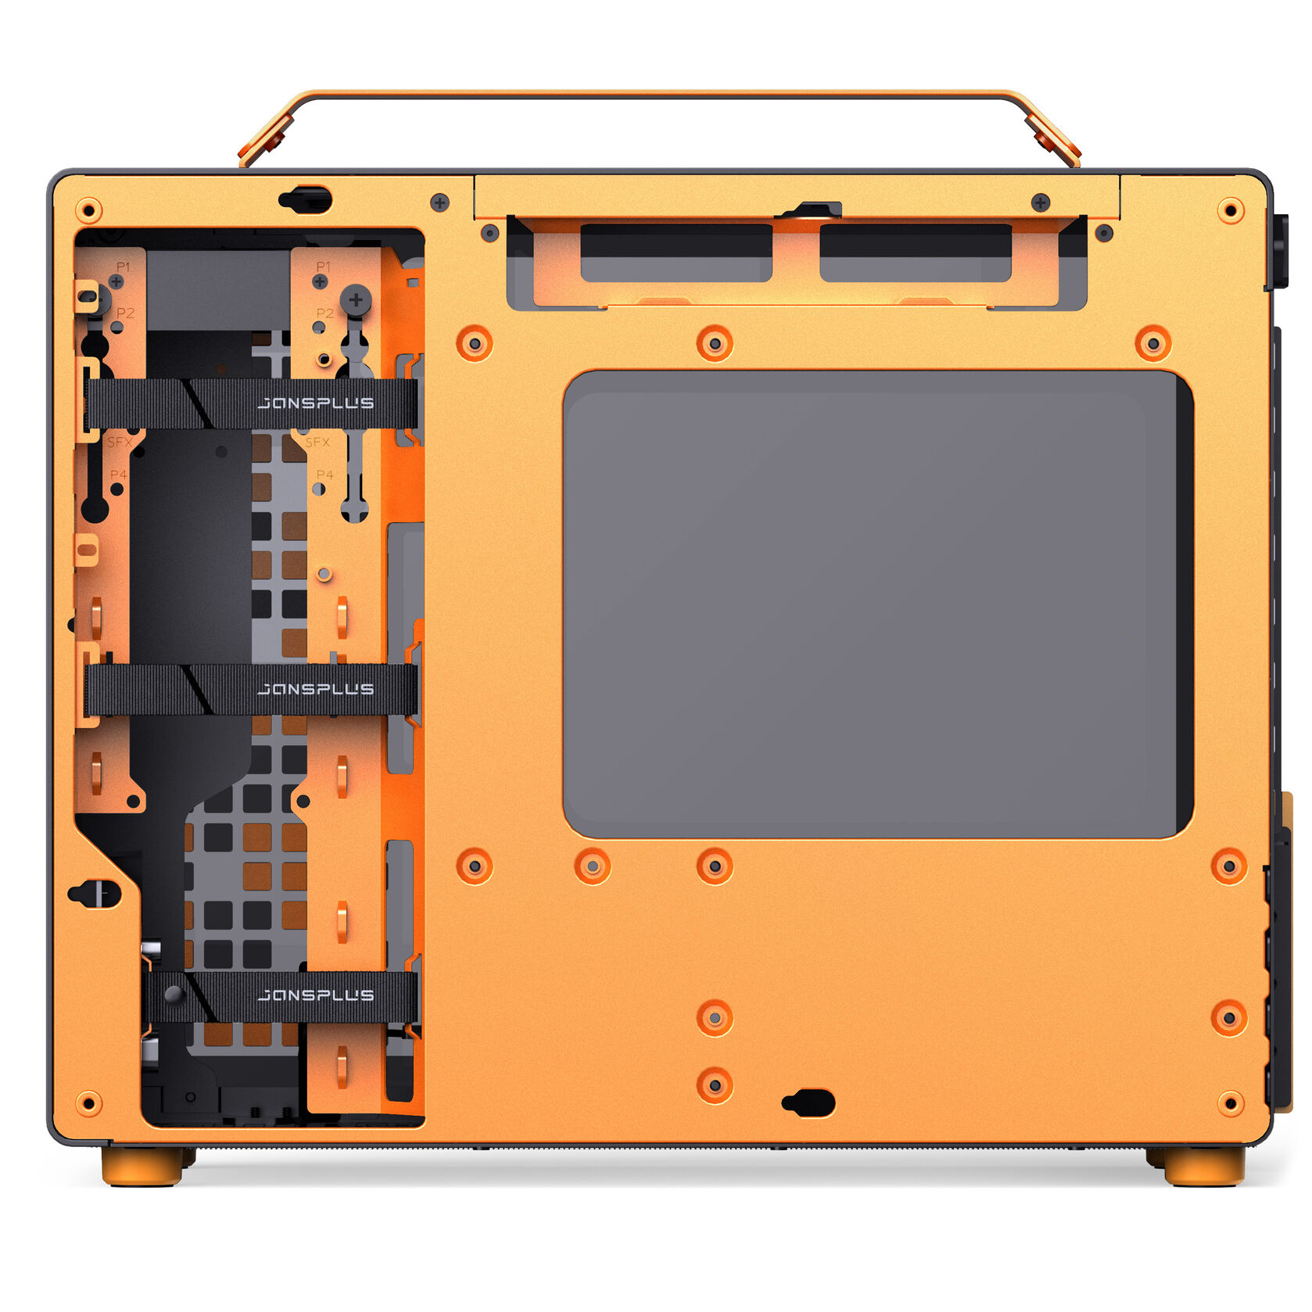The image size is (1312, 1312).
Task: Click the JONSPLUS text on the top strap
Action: [x=315, y=403]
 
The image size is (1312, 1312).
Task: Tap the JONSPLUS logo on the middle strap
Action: [x=315, y=689]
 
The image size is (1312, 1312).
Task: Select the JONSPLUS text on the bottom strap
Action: [x=315, y=995]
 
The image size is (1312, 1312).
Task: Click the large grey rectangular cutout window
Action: [x=877, y=604]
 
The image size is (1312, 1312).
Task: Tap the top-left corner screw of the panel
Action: [x=88, y=210]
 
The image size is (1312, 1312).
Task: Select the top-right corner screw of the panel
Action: [x=1230, y=210]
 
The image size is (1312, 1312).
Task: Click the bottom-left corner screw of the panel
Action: [x=88, y=1103]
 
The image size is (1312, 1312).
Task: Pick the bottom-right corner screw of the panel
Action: [x=1230, y=1103]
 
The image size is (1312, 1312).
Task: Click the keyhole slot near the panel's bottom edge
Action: [x=808, y=1103]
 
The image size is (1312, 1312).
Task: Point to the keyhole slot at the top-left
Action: [x=306, y=200]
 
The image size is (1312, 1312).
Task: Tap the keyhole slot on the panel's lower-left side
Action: [x=95, y=893]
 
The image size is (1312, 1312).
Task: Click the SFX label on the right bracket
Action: [x=317, y=443]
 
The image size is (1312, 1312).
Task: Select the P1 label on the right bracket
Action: [x=324, y=267]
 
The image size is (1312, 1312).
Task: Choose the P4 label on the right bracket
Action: [x=324, y=475]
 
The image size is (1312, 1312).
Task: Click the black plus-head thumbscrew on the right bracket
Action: [x=356, y=299]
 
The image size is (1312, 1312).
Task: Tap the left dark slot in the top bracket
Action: [x=676, y=253]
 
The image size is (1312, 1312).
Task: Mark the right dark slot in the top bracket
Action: [x=915, y=253]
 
